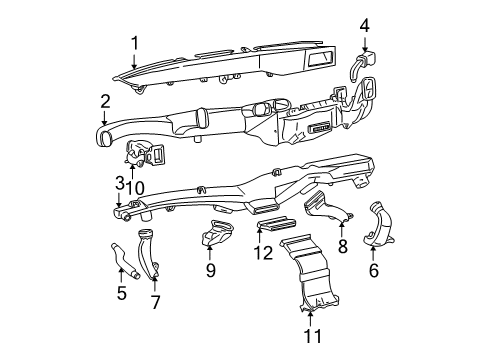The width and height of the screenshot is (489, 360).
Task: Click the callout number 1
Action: (x=134, y=43)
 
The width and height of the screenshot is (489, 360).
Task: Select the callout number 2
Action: (x=105, y=102)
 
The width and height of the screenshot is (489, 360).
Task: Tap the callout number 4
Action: (x=365, y=26)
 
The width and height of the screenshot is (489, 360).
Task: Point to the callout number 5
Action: (x=122, y=293)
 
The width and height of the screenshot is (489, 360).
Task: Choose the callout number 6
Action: (x=374, y=270)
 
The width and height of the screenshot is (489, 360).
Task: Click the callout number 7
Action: (x=155, y=302)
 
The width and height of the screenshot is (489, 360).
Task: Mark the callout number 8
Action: (x=343, y=247)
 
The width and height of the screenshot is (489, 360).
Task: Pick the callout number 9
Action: (x=211, y=270)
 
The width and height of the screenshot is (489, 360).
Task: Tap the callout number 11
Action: (x=313, y=336)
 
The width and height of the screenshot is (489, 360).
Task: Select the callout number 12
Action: (x=263, y=253)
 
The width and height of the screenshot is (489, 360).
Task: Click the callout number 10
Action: (x=135, y=188)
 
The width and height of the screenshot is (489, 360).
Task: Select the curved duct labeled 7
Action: (x=147, y=253)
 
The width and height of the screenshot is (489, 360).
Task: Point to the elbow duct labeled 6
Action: (x=379, y=224)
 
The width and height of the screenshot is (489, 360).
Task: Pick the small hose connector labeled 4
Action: (x=361, y=64)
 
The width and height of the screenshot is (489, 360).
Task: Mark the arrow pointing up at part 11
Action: (x=310, y=318)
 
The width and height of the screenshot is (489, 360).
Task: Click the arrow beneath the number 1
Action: (x=134, y=61)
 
